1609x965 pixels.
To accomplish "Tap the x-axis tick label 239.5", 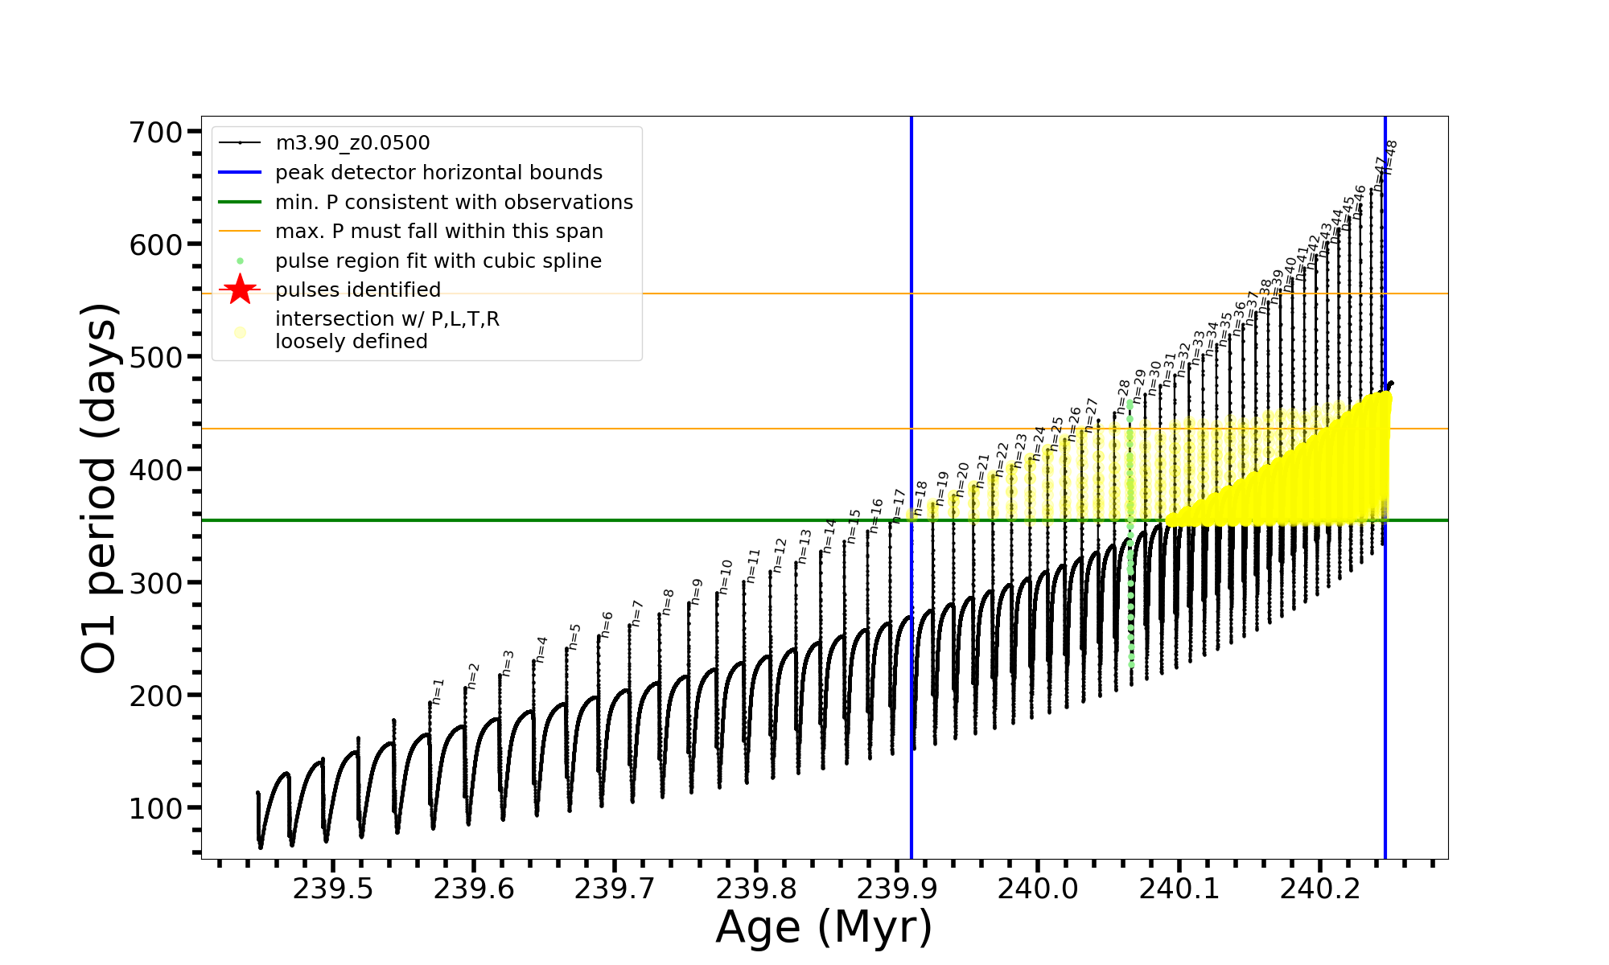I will (x=332, y=889).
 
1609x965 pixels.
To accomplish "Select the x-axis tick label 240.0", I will (x=1038, y=889).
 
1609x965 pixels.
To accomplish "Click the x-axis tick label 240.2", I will (x=1319, y=889).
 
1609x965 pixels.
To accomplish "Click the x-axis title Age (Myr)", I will (x=824, y=927).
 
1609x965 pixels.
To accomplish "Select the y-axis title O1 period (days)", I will (x=100, y=488).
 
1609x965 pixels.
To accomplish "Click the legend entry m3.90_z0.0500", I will (x=352, y=143).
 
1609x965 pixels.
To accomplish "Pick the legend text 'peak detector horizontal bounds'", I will (x=438, y=173).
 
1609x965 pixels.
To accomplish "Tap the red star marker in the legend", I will (x=240, y=289).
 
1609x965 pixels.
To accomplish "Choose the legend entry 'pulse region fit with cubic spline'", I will (x=438, y=261).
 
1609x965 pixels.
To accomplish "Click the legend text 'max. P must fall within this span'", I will (x=438, y=232).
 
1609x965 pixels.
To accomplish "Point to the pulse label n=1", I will (x=438, y=692).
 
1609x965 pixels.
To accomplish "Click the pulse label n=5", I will (x=574, y=636).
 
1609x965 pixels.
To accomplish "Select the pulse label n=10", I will (x=726, y=577).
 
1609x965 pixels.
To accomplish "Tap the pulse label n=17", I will (x=899, y=506).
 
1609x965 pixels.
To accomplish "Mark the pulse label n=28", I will (x=1123, y=396).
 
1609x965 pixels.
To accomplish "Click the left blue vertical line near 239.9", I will (x=911, y=643).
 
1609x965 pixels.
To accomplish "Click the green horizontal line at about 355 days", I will (x=563, y=520).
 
